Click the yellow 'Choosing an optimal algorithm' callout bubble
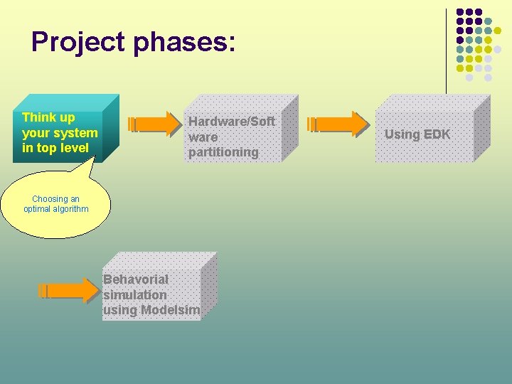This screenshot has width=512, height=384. click(x=56, y=207)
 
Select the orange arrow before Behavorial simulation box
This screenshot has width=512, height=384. click(x=69, y=290)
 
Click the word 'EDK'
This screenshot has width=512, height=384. click(x=437, y=134)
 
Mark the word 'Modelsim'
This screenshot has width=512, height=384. click(x=170, y=310)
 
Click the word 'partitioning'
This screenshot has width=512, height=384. click(x=223, y=152)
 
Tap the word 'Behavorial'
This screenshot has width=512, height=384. click(x=136, y=279)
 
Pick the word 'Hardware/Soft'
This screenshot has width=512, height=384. click(x=231, y=122)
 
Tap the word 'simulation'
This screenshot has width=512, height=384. click(x=135, y=294)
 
